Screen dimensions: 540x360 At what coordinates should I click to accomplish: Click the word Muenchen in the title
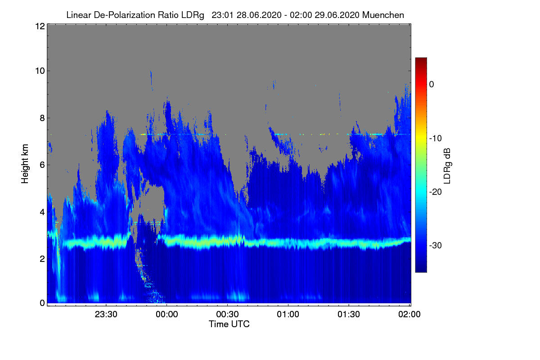pyautogui.click(x=383, y=15)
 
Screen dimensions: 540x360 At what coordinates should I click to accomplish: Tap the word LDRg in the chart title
pyautogui.click(x=193, y=15)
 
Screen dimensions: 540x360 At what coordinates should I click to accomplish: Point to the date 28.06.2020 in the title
pyautogui.click(x=259, y=15)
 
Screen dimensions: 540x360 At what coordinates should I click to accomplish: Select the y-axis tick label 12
pyautogui.click(x=40, y=26)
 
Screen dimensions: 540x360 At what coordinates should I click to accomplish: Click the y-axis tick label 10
pyautogui.click(x=40, y=71)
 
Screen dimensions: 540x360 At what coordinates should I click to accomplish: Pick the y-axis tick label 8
pyautogui.click(x=42, y=118)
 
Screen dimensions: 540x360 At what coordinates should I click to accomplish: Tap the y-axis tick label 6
pyautogui.click(x=42, y=165)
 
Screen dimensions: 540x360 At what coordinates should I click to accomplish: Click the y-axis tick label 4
pyautogui.click(x=42, y=212)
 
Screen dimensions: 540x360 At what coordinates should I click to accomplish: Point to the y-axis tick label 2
pyautogui.click(x=42, y=259)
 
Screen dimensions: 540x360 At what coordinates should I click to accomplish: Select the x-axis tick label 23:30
pyautogui.click(x=106, y=315)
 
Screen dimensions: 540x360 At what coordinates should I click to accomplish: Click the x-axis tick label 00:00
pyautogui.click(x=167, y=315)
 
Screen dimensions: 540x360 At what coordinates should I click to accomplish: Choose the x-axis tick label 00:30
pyautogui.click(x=227, y=315)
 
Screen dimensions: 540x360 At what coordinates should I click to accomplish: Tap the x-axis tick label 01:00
pyautogui.click(x=288, y=315)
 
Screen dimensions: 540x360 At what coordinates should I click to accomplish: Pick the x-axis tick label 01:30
pyautogui.click(x=349, y=315)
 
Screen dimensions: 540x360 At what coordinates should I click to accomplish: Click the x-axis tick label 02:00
pyautogui.click(x=409, y=315)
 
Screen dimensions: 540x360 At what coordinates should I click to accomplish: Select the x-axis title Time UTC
pyautogui.click(x=229, y=324)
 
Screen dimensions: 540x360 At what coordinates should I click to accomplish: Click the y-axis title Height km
pyautogui.click(x=25, y=164)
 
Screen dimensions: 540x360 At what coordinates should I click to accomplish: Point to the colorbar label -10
pyautogui.click(x=436, y=139)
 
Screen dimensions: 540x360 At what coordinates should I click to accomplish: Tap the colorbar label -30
pyautogui.click(x=436, y=245)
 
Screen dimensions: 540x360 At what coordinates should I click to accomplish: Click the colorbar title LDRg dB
pyautogui.click(x=447, y=166)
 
